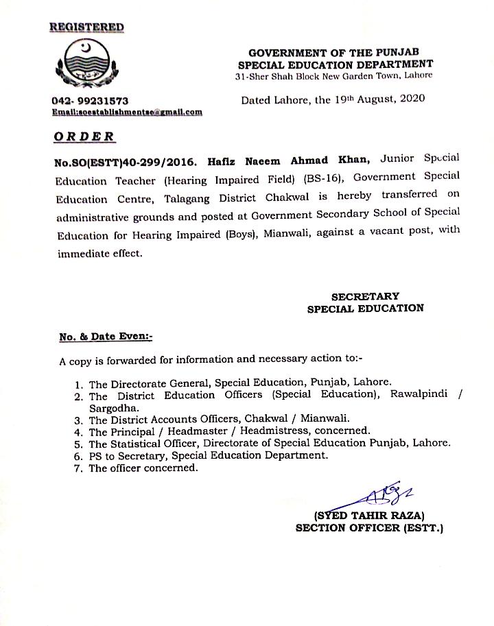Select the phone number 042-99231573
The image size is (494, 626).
[x=89, y=101]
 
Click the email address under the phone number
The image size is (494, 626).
[x=127, y=111]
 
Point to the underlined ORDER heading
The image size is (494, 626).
[x=84, y=136]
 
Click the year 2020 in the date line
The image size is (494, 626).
[x=410, y=99]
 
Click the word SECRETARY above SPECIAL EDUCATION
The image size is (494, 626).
[x=365, y=296]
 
